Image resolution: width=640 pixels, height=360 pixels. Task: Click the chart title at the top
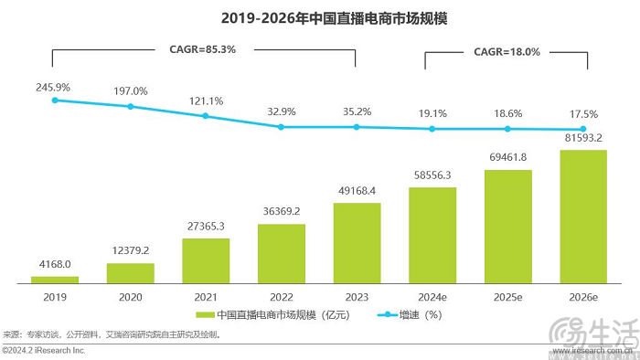click(x=320, y=16)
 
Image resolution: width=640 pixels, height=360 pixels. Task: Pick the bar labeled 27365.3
click(x=206, y=260)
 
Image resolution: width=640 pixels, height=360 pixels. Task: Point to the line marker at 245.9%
click(x=55, y=100)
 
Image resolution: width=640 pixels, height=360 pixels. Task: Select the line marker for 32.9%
click(x=281, y=126)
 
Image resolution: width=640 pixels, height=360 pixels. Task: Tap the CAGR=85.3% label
click(x=203, y=50)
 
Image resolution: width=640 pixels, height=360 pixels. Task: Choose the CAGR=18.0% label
click(x=507, y=52)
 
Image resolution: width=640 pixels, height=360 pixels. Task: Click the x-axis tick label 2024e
click(x=432, y=296)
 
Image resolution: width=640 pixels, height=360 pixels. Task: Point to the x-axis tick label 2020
click(x=130, y=296)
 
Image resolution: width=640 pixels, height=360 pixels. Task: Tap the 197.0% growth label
click(x=130, y=90)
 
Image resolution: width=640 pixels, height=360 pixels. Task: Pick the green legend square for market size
click(x=197, y=315)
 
